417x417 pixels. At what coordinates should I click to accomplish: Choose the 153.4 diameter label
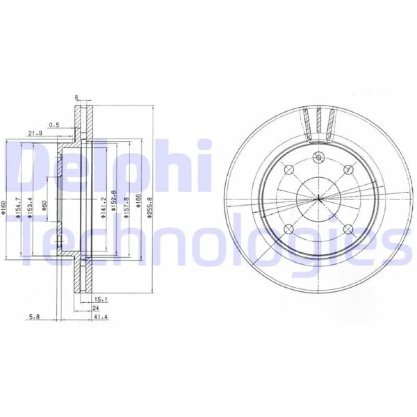point(30,207)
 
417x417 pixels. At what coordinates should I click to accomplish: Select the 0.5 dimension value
point(54,124)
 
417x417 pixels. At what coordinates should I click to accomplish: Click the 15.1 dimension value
point(98,298)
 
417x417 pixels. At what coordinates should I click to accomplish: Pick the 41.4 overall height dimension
point(98,318)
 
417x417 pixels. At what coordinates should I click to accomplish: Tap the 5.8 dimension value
point(35,318)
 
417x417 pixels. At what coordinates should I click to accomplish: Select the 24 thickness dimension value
point(96,308)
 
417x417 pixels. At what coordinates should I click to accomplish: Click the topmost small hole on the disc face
point(318,158)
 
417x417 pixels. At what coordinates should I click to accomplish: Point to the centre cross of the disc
point(318,198)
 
